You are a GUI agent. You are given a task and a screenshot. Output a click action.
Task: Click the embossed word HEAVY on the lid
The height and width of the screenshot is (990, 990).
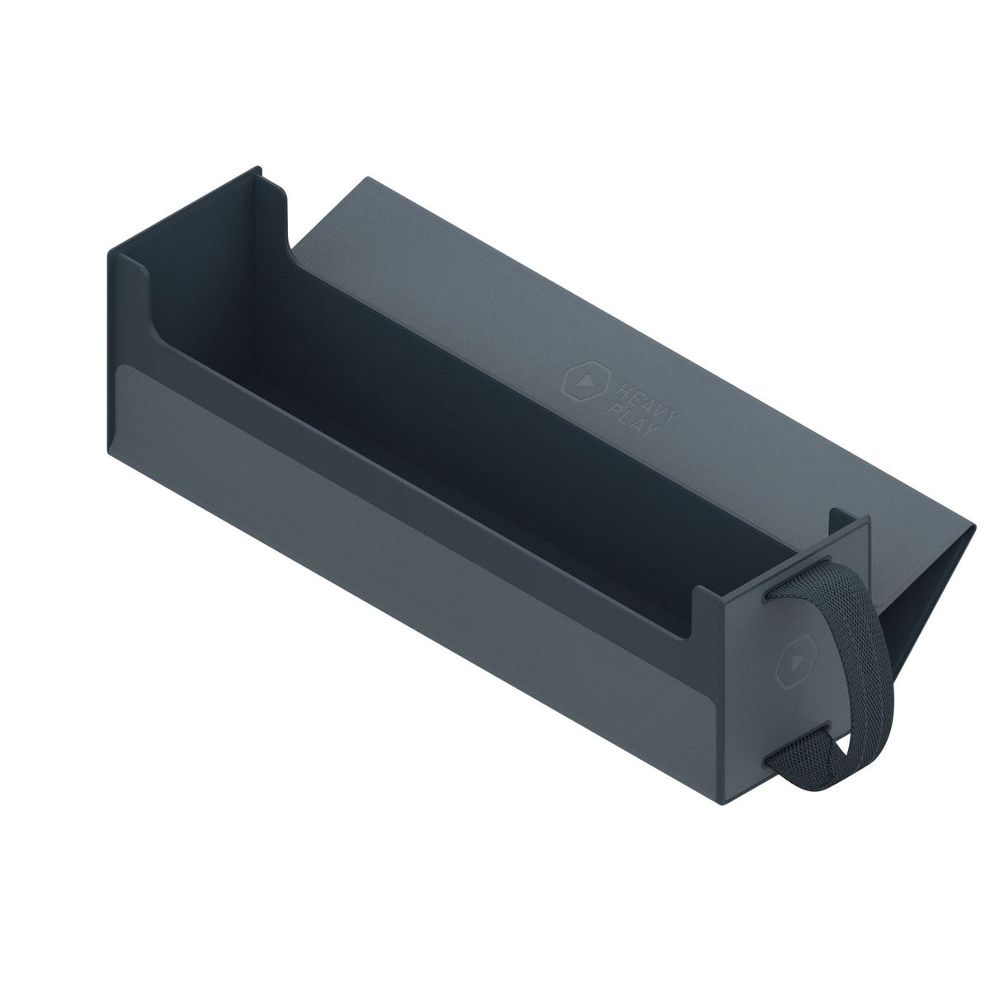[x=646, y=403]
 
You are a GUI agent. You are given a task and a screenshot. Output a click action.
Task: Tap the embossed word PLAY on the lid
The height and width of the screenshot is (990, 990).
[x=631, y=419]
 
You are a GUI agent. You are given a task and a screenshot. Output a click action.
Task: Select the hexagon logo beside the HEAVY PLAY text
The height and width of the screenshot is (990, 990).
[x=585, y=380]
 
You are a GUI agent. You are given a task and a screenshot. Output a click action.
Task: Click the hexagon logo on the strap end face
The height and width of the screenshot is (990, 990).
[x=796, y=662]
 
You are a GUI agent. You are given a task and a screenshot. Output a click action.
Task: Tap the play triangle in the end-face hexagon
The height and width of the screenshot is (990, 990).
[x=797, y=663]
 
